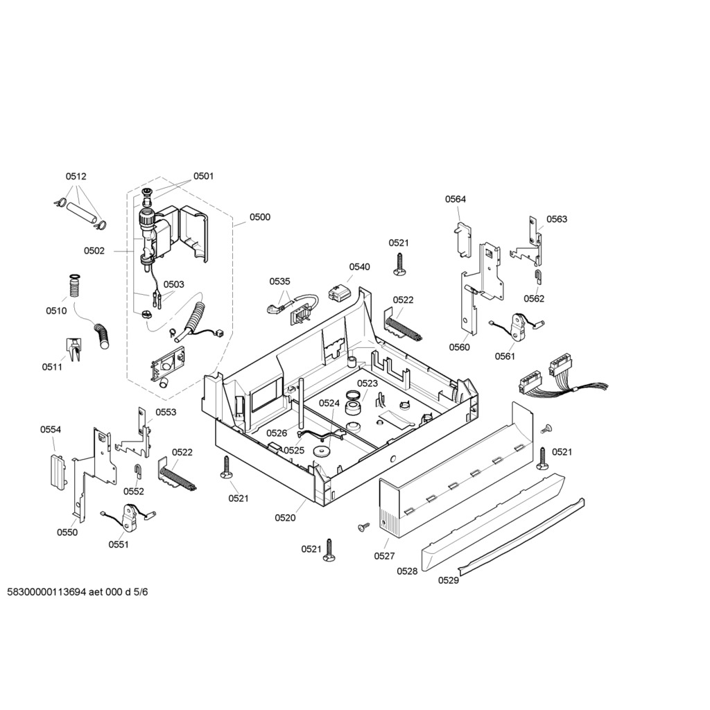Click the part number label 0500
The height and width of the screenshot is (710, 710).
coord(259,217)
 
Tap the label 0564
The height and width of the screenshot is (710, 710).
coord(455,199)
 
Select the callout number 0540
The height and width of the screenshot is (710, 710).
coord(359,267)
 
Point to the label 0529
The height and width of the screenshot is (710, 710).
coord(449,580)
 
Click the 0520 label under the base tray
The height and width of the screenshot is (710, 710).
coord(285,517)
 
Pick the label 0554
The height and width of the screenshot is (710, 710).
coord(50,429)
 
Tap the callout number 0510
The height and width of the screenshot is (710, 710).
coord(56,311)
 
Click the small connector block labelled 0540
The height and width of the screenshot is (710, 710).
coord(339,293)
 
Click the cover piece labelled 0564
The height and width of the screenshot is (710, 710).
coord(462,239)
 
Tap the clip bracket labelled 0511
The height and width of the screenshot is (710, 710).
coord(73,349)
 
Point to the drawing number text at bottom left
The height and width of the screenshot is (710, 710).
coord(78,592)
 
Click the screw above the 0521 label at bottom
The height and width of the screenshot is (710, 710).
coord(329,550)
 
